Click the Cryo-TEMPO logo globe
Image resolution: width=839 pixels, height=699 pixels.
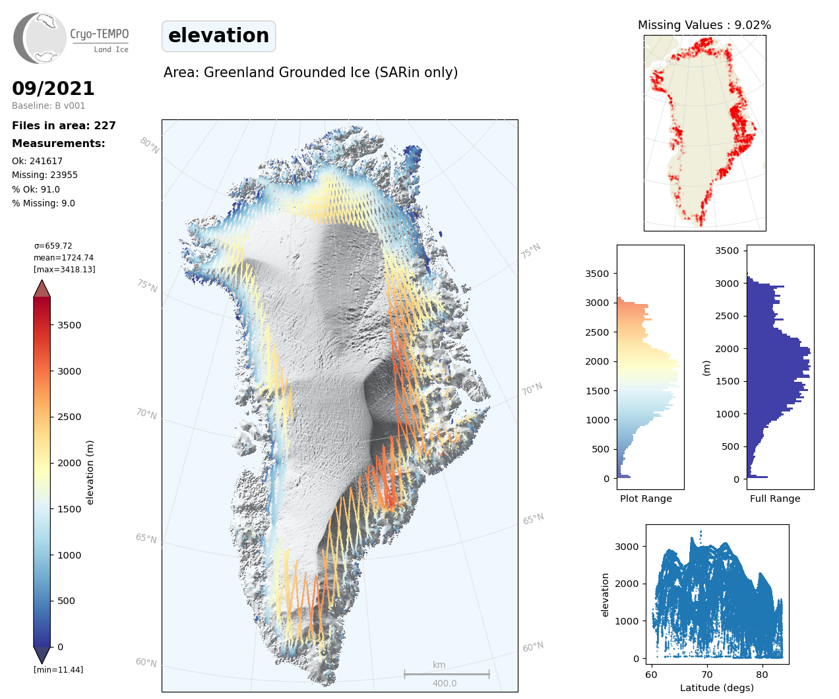41,38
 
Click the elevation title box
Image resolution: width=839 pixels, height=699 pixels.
218,36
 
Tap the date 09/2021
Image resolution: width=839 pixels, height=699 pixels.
53,89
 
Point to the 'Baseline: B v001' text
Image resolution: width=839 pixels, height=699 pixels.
48,106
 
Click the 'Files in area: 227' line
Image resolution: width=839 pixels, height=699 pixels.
64,126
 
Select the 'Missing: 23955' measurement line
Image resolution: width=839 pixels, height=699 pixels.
45,175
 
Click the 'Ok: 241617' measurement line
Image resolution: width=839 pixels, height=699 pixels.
38,162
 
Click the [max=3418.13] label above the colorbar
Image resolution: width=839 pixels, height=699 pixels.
65,270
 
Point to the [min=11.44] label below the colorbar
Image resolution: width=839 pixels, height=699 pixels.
58,670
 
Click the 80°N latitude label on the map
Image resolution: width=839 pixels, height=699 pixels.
149,146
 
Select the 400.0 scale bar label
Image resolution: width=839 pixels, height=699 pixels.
445,684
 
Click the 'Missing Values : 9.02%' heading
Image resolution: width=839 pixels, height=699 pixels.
704,26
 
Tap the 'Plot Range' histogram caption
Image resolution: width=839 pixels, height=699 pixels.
646,499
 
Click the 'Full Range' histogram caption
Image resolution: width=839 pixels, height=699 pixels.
775,499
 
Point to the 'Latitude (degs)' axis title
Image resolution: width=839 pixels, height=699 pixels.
717,688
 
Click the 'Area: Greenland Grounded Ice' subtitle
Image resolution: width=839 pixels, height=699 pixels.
311,73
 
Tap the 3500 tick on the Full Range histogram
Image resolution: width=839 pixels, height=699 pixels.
727,251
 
